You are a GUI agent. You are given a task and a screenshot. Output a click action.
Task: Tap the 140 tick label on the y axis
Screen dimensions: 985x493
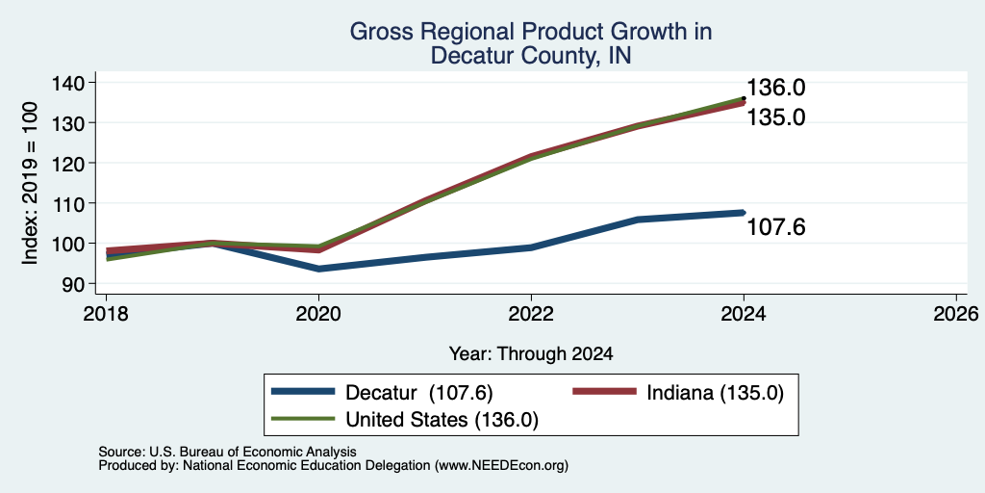pos(70,83)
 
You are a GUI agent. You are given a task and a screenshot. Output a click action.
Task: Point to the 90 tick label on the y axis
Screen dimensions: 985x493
pos(77,284)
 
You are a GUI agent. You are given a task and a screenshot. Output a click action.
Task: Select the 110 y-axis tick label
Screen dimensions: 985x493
pos(70,203)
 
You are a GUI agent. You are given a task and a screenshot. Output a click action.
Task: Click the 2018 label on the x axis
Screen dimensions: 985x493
pos(106,313)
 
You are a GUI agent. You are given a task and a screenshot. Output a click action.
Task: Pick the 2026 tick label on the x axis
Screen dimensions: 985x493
pos(956,313)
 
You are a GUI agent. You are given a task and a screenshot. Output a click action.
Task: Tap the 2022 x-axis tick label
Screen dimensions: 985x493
pos(531,313)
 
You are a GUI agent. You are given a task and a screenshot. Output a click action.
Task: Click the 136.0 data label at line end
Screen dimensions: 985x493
pos(776,88)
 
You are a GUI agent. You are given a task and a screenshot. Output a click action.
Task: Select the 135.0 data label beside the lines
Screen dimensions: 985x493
pos(776,117)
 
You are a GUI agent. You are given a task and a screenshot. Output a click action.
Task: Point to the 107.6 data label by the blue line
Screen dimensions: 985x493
pos(776,227)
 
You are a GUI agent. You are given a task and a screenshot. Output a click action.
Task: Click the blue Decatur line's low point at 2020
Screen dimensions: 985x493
pos(319,269)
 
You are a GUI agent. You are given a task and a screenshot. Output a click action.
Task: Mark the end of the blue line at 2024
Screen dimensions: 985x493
pos(744,213)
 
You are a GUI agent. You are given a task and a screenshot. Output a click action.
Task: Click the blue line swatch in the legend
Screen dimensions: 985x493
pos(302,392)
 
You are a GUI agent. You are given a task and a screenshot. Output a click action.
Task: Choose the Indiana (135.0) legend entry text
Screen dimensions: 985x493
pos(716,393)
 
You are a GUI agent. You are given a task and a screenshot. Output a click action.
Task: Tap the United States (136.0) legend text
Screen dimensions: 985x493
pos(442,420)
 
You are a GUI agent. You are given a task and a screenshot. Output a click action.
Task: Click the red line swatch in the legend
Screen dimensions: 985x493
pos(604,392)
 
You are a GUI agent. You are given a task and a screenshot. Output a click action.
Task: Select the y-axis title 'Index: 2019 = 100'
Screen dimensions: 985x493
pos(30,183)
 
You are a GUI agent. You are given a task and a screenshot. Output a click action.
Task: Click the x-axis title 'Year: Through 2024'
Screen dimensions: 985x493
pos(531,354)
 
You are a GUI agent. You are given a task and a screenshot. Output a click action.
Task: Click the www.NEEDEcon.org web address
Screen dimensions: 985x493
pos(500,465)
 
